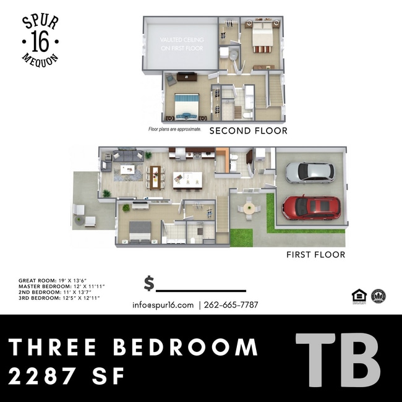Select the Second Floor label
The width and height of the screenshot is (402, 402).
coord(248,130)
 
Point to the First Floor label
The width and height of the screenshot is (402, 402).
coord(315,254)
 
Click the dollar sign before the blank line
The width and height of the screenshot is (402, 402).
coord(149,284)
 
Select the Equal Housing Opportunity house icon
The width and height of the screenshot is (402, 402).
coord(357,296)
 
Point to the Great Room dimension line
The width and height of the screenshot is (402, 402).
coord(57,281)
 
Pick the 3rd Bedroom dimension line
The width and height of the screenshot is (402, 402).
coord(59,298)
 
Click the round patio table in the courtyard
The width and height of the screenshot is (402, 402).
coord(249,208)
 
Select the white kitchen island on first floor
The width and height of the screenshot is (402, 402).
coord(187,179)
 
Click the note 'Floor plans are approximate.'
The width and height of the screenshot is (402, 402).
coord(174,130)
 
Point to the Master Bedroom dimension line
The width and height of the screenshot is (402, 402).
coord(61,286)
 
